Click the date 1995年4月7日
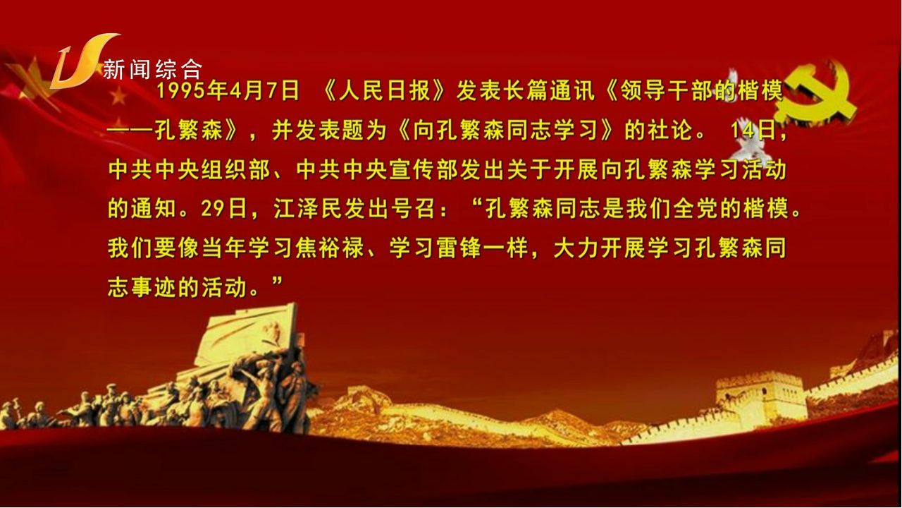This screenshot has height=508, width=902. pyautogui.click(x=228, y=91)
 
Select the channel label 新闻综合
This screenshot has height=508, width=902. pyautogui.click(x=153, y=69)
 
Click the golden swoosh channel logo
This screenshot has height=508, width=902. pyautogui.click(x=82, y=61)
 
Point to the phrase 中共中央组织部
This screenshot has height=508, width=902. pyautogui.click(x=190, y=170)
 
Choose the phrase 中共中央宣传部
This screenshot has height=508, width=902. pyautogui.click(x=377, y=170)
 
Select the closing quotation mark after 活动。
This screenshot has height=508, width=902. pyautogui.click(x=278, y=282)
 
